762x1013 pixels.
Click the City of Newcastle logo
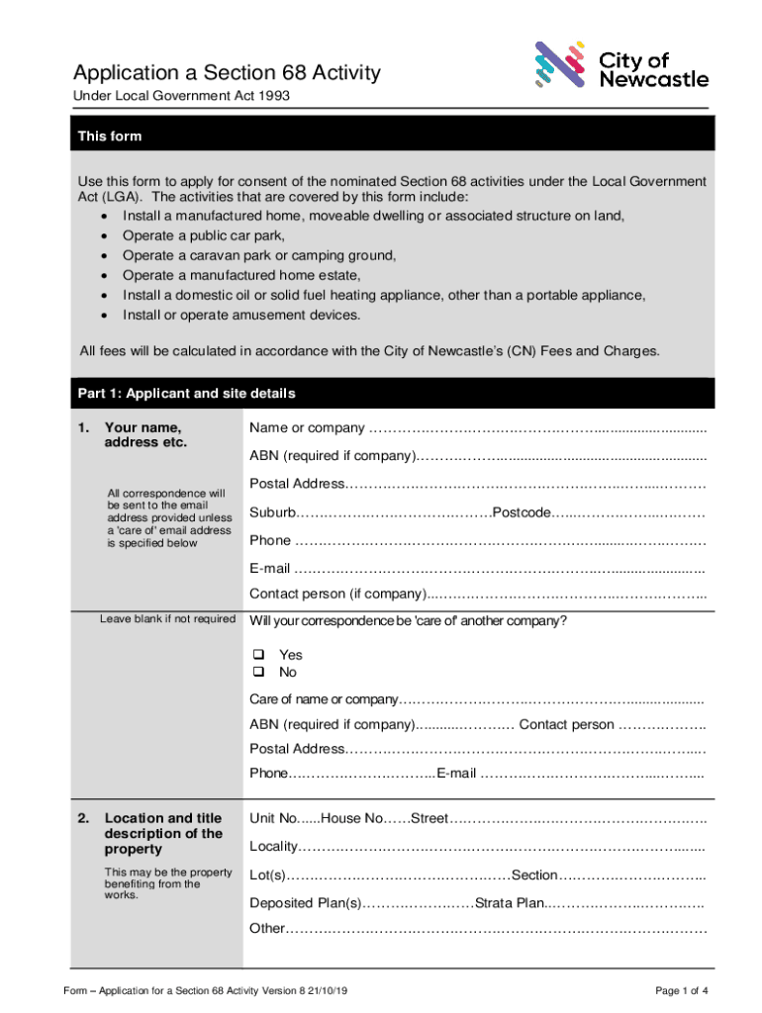[x=620, y=66]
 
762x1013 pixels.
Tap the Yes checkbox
[x=259, y=655]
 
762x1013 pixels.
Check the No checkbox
[x=259, y=673]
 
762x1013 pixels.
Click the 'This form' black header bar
[x=393, y=137]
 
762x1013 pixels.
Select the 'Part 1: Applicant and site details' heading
[x=186, y=394]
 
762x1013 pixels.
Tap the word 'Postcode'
[x=522, y=513]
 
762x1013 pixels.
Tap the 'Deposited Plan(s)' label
[x=306, y=903]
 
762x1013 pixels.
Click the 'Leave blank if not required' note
[x=167, y=619]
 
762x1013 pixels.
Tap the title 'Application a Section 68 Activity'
[x=227, y=73]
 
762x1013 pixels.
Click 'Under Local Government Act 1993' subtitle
[x=182, y=96]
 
